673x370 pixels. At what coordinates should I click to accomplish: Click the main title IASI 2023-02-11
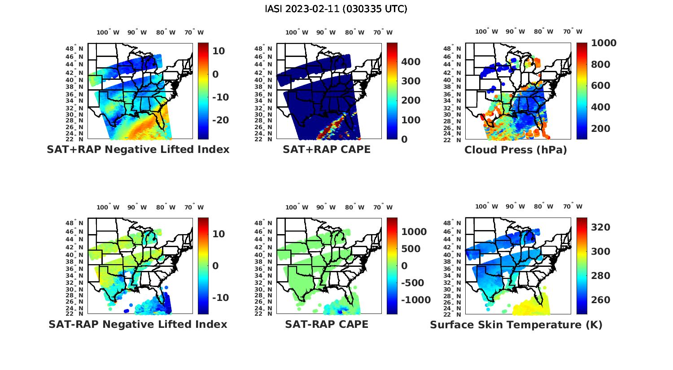[x=336, y=9]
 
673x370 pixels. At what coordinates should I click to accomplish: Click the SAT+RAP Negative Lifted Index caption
[x=138, y=149]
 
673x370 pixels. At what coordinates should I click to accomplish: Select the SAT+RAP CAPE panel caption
[x=327, y=149]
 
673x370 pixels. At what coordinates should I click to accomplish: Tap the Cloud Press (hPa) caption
[x=516, y=150]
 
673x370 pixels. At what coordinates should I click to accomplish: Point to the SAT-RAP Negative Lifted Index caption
[x=138, y=324]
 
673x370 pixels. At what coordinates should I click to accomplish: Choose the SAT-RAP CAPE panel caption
[x=327, y=324]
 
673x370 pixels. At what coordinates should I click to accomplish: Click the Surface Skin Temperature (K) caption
[x=516, y=325]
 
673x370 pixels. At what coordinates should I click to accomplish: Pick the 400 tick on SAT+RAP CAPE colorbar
[x=411, y=62]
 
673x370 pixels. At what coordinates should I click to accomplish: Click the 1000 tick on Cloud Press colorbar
[x=603, y=43]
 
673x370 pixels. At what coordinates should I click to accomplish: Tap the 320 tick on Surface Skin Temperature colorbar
[x=600, y=227]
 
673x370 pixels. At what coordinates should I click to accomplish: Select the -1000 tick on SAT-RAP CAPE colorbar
[x=415, y=300]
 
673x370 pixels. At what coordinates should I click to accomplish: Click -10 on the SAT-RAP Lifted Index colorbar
[x=220, y=298]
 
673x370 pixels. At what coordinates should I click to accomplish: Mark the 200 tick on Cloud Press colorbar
[x=600, y=129]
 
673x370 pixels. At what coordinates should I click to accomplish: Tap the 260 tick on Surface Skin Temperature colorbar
[x=600, y=300]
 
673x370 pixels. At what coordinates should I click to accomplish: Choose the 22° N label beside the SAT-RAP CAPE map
[x=263, y=313]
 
